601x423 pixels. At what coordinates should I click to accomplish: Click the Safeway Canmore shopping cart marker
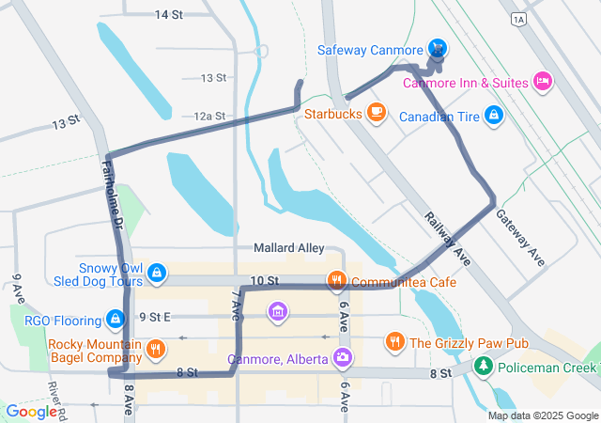(437, 48)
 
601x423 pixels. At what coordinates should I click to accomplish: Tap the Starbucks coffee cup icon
(377, 113)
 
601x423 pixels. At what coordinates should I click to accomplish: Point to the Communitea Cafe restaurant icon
(336, 281)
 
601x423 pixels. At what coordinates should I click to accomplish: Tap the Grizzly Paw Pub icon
(395, 342)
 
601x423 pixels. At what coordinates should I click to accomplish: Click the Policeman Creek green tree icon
(484, 366)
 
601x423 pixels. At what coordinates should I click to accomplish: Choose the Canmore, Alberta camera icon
(344, 358)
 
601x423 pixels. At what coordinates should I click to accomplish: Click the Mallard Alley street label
(288, 248)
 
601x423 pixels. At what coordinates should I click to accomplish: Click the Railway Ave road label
(445, 237)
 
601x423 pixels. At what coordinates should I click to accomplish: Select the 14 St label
(168, 15)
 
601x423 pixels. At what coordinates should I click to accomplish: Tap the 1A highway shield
(518, 18)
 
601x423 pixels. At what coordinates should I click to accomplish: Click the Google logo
(31, 412)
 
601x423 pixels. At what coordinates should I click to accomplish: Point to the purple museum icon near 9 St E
(277, 310)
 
